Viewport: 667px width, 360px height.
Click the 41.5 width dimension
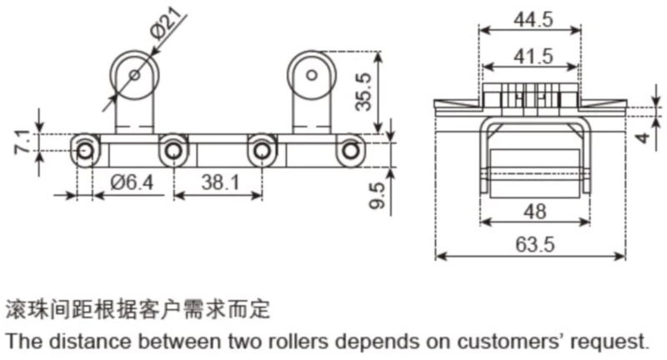click(530, 57)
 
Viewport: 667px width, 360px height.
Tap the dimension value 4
click(643, 137)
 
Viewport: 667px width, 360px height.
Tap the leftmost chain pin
click(85, 150)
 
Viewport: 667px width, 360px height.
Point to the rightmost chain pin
click(350, 150)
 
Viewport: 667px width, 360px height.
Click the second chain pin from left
click(173, 150)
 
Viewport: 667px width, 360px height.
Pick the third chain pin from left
click(262, 150)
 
